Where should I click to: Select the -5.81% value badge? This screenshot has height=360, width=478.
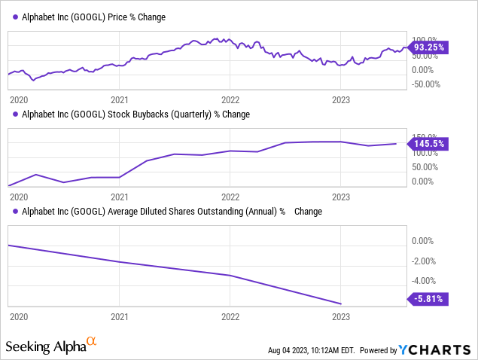pos(428,298)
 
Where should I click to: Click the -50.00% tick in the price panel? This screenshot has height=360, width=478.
pos(425,84)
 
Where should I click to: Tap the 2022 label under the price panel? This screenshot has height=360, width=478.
pos(230,99)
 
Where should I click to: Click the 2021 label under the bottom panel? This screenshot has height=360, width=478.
pos(120,317)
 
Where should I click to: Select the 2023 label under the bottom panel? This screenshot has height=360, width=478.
pos(341,317)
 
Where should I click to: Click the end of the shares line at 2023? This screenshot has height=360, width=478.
pos(341,304)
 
